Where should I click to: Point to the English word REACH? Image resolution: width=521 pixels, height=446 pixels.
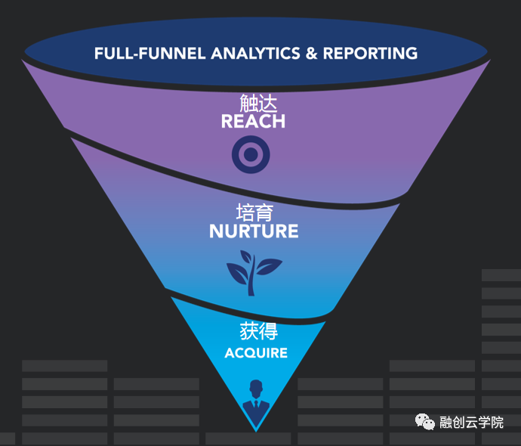tap(253, 121)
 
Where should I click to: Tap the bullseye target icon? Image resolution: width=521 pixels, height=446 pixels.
tap(251, 156)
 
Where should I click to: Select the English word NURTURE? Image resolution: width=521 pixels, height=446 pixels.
tap(254, 231)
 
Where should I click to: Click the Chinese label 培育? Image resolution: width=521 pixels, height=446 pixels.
tap(254, 212)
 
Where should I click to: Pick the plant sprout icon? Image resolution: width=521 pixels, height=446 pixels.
tap(254, 271)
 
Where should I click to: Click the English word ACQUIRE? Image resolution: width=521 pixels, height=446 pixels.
tap(256, 353)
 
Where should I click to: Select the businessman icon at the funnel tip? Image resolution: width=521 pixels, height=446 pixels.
tap(255, 400)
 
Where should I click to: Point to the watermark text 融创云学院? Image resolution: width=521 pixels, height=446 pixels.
tap(471, 423)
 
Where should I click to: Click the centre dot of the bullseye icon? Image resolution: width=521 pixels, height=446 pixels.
tap(251, 156)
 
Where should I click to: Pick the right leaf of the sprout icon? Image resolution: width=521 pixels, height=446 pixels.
tap(268, 265)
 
